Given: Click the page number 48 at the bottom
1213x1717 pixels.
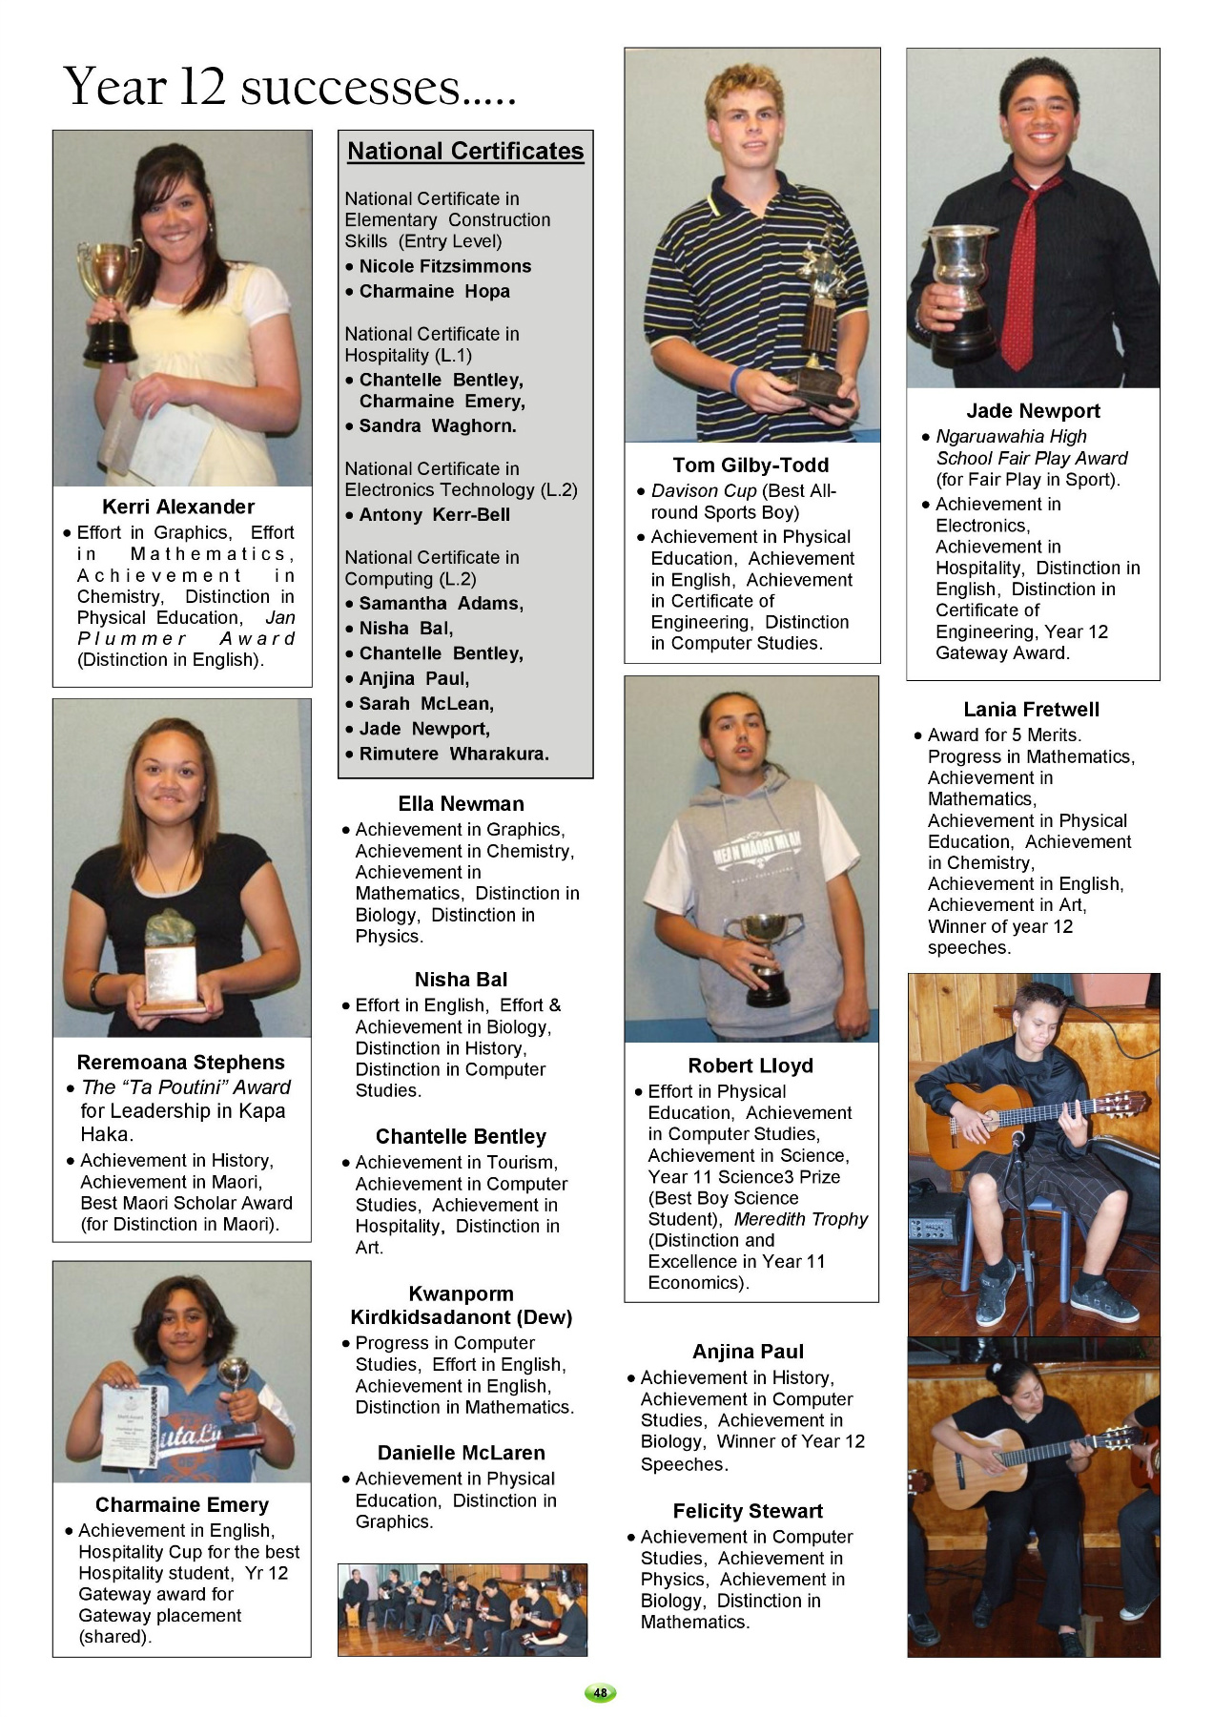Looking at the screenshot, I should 600,1692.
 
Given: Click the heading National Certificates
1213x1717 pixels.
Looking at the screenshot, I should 465,151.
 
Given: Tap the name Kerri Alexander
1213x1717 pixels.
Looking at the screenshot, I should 178,507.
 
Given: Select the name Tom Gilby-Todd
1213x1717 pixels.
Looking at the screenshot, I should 750,465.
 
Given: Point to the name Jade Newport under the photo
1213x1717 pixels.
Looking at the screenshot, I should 1033,411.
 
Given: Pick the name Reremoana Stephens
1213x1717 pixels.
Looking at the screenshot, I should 180,1062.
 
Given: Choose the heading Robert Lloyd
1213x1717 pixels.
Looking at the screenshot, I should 750,1065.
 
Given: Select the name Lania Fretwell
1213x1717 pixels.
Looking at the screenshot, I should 1031,709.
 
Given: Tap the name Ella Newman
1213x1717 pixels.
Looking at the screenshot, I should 461,803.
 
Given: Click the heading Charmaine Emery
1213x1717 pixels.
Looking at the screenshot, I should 182,1504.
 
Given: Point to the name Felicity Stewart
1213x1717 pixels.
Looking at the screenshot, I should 748,1511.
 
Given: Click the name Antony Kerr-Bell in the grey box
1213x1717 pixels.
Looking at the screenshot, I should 434,514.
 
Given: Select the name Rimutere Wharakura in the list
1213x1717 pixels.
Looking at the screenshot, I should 454,754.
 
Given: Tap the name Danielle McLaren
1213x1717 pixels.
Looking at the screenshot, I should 461,1453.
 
